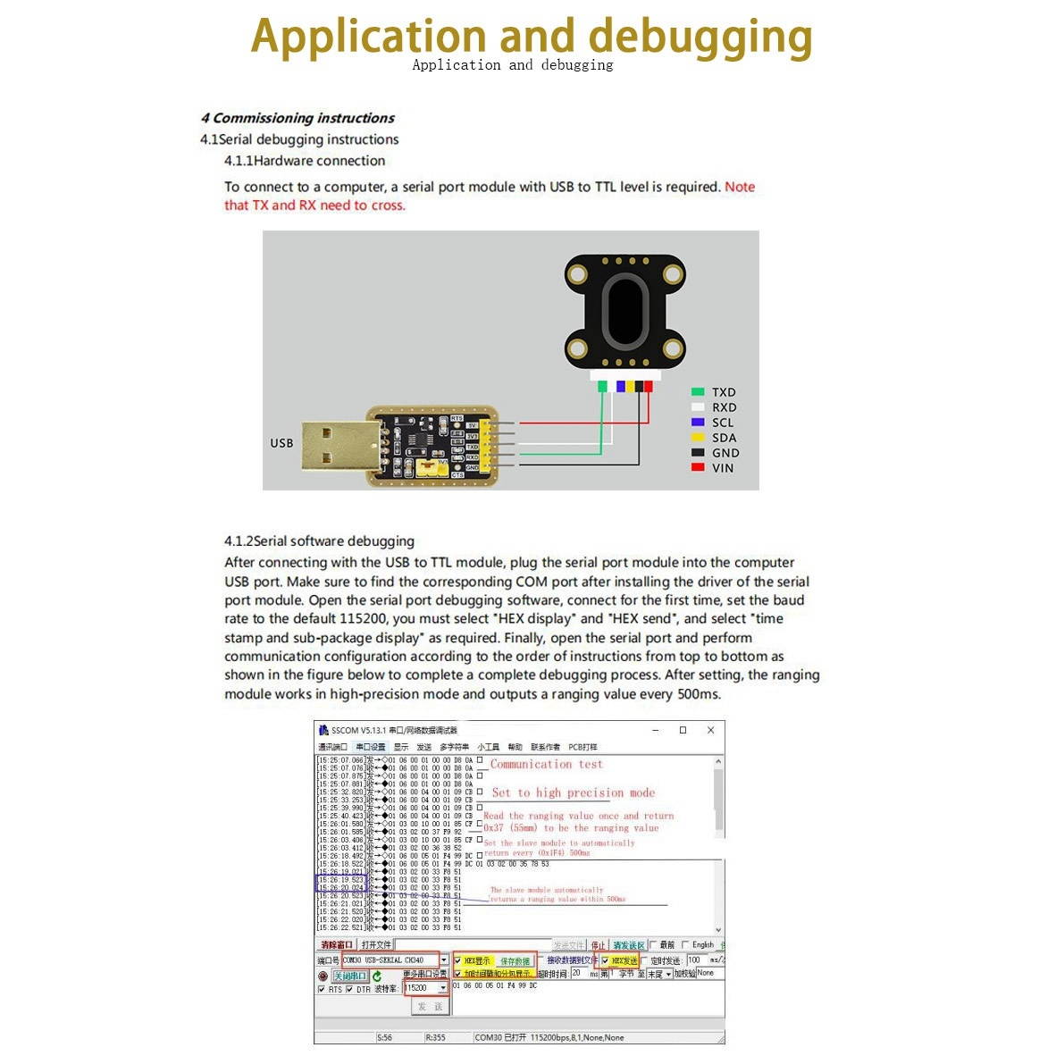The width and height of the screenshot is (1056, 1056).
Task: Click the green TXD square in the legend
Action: pyautogui.click(x=698, y=392)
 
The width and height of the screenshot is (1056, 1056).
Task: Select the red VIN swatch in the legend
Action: pyautogui.click(x=698, y=467)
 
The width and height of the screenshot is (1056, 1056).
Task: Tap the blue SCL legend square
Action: pyautogui.click(x=698, y=422)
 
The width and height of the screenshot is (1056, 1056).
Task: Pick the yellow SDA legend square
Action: pyautogui.click(x=698, y=437)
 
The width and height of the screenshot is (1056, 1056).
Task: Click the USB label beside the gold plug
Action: pyautogui.click(x=281, y=443)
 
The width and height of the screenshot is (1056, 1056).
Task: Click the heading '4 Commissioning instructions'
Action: pyautogui.click(x=298, y=118)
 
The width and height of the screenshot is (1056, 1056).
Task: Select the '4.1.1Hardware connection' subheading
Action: pyautogui.click(x=305, y=161)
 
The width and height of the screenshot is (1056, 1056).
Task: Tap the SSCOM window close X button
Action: pyautogui.click(x=710, y=730)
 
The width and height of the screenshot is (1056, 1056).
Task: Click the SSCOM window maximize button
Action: pyautogui.click(x=683, y=730)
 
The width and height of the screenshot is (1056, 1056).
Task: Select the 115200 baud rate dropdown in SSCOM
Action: pyautogui.click(x=424, y=988)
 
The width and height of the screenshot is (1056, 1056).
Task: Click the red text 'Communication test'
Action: pyautogui.click(x=546, y=765)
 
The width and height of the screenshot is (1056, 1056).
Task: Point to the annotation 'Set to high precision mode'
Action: pyautogui.click(x=573, y=792)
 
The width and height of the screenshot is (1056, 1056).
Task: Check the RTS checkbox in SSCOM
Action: pyautogui.click(x=322, y=990)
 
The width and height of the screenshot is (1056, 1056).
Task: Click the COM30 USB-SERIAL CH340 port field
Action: pyautogui.click(x=390, y=960)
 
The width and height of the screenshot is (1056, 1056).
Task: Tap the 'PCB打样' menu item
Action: pyautogui.click(x=582, y=747)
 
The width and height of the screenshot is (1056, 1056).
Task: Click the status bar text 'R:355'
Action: pyautogui.click(x=436, y=1037)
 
